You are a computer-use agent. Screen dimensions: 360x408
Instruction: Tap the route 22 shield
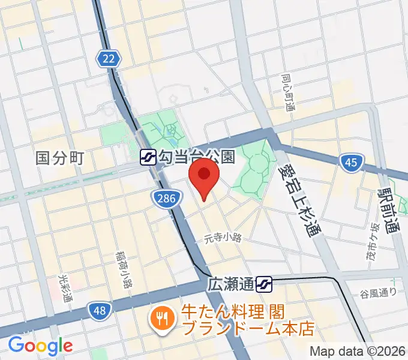click(x=108, y=58)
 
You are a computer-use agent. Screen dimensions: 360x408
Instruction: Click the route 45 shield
click(x=350, y=162)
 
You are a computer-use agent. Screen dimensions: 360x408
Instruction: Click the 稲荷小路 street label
click(x=125, y=268)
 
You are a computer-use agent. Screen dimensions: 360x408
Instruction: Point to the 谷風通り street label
click(x=379, y=292)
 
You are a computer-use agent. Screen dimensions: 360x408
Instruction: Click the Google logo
click(x=40, y=345)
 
